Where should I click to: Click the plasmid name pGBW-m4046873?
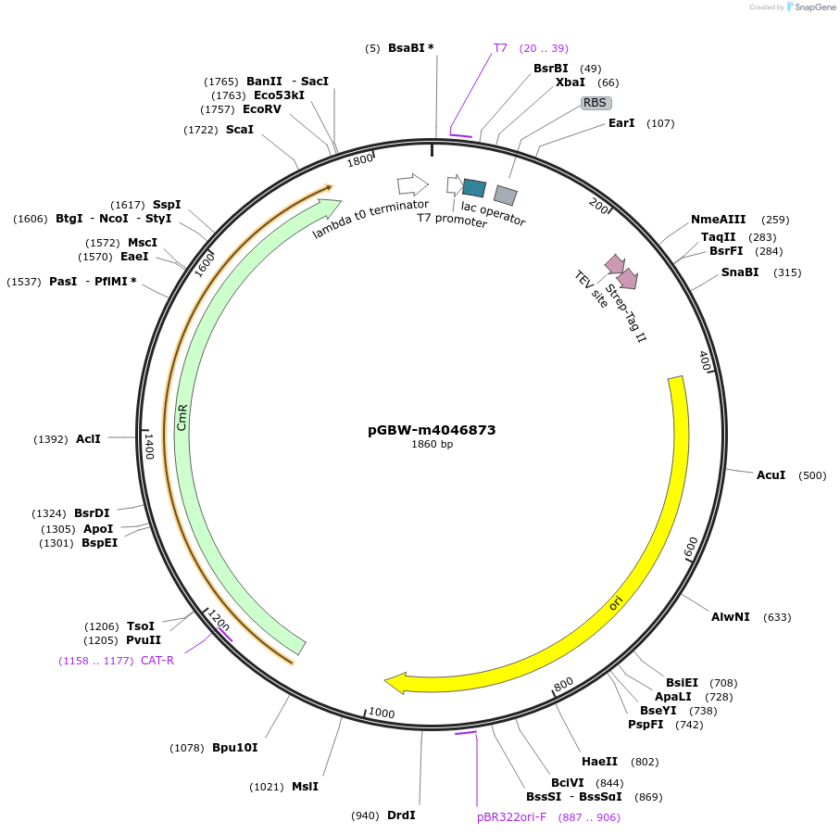pos(432,430)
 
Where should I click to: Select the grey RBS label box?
pos(596,103)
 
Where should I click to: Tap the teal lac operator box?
pos(474,188)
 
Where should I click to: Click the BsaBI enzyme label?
pos(406,47)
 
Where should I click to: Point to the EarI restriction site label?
pos(621,123)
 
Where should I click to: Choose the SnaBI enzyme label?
pos(740,272)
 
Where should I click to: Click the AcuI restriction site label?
pos(771,475)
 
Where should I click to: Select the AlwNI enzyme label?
pos(731,617)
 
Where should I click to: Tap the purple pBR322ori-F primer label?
pos(511,817)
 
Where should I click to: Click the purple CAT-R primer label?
pos(157,661)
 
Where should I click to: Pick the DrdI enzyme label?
pos(401,815)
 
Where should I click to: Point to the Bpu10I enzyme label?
pos(235,748)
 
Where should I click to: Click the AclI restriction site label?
pos(88,439)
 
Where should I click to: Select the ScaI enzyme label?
pos(240,130)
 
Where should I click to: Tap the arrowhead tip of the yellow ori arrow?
pos(386,684)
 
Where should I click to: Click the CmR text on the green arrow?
pos(182,417)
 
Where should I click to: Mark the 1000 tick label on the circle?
pos(382,713)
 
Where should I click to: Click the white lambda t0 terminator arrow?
pos(412,183)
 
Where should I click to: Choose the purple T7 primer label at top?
pos(500,47)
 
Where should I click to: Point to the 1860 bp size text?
pos(432,445)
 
